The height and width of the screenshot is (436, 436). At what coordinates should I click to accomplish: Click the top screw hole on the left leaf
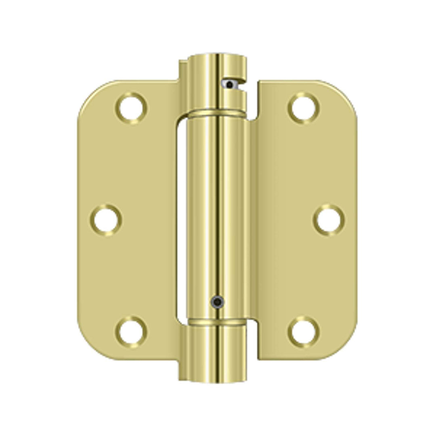(131, 108)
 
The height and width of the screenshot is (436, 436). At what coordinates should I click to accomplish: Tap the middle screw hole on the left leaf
(106, 220)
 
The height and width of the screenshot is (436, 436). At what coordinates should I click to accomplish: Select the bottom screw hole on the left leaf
(131, 331)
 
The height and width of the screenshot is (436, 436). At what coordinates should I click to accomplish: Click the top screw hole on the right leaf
(304, 108)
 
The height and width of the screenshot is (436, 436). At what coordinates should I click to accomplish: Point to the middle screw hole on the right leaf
(329, 220)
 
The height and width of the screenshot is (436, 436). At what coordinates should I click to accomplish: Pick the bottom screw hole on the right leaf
(304, 331)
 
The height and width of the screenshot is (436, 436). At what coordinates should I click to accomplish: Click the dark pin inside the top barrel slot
(230, 85)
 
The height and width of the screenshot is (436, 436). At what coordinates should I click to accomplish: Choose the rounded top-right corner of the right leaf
(345, 93)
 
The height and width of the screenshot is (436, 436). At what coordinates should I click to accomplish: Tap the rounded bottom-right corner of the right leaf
(345, 347)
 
